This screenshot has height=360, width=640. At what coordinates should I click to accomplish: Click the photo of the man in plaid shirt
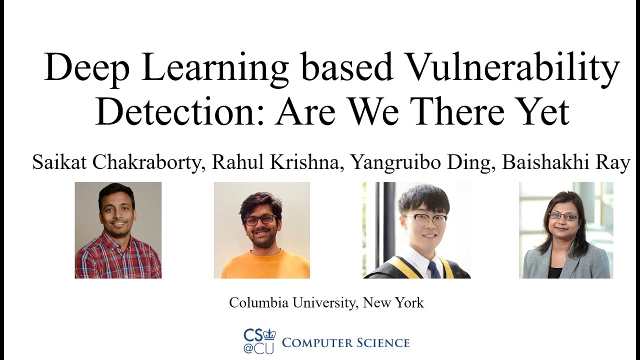click(x=118, y=230)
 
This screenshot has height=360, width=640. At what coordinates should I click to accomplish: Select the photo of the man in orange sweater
click(x=261, y=230)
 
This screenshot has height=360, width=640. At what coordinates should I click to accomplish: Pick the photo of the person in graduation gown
click(x=416, y=230)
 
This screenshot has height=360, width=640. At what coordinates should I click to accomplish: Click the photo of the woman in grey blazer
click(x=566, y=230)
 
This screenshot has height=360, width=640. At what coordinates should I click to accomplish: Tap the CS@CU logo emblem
click(x=259, y=341)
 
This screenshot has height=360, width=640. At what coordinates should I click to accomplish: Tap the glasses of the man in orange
click(x=260, y=219)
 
